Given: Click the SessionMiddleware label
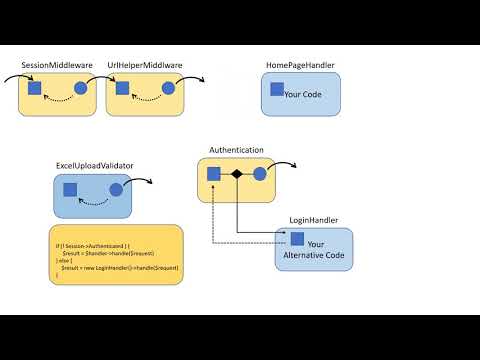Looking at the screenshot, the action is point(57,65).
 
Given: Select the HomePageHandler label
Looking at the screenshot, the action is point(300,65).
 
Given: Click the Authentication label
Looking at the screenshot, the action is point(236,150).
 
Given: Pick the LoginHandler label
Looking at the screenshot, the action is point(313,219).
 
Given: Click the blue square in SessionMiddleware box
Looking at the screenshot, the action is point(34,89).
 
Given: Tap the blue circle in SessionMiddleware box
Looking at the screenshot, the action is point(81,89).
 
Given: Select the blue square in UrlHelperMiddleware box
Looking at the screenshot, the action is point(122,89).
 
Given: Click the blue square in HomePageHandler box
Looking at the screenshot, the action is point(276,89).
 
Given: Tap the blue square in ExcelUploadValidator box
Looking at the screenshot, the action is point(70,189).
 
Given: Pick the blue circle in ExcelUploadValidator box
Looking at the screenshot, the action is point(116,189).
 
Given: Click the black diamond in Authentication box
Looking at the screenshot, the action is point(237,175).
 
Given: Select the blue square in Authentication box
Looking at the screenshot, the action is point(214,174).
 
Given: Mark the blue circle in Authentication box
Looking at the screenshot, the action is point(260,174).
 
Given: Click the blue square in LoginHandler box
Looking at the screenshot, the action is point(297,238).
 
